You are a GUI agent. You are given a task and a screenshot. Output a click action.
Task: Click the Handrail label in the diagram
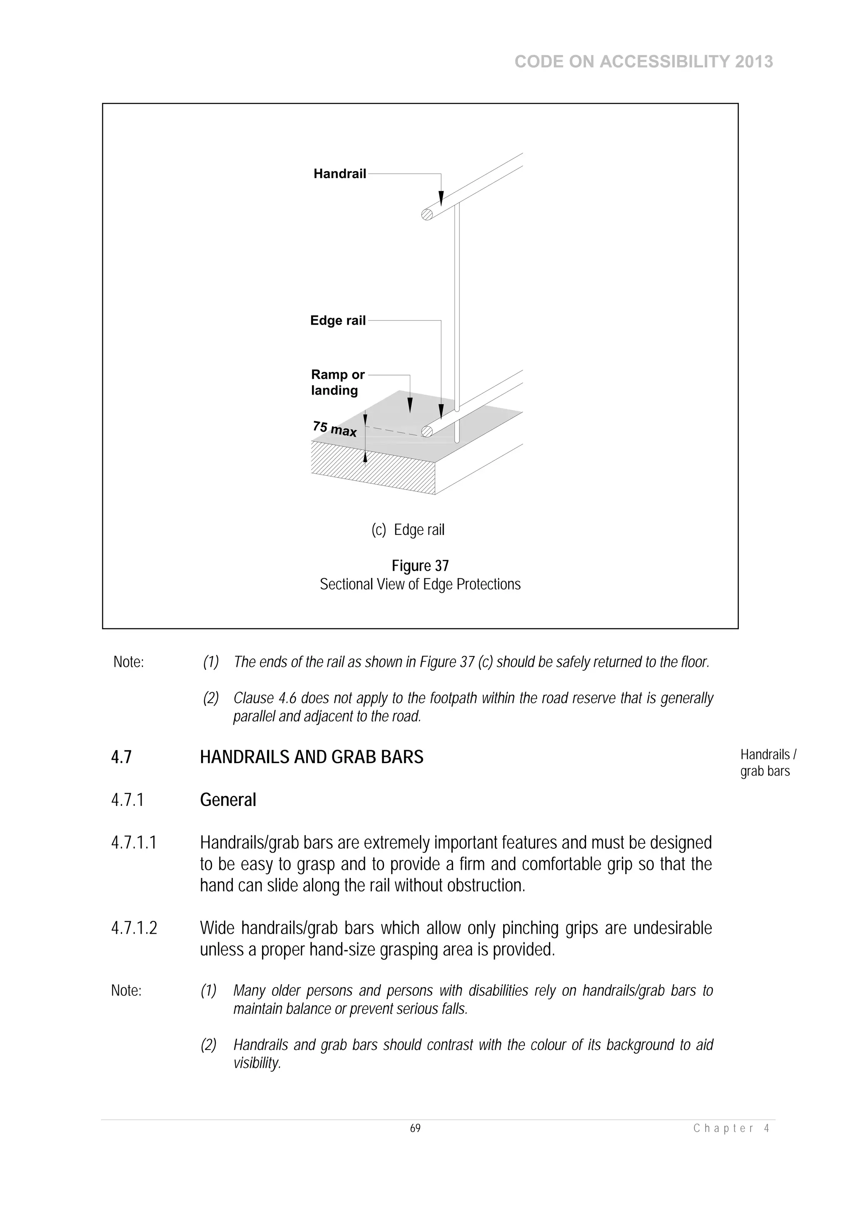point(339,174)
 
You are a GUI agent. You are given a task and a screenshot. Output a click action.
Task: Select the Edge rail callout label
point(337,321)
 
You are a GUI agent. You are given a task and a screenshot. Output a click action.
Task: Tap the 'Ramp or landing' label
point(337,383)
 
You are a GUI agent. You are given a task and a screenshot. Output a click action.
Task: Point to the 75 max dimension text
point(334,429)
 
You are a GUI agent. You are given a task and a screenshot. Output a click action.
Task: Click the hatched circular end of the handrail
point(427,214)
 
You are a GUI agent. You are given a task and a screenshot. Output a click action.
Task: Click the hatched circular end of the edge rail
point(427,432)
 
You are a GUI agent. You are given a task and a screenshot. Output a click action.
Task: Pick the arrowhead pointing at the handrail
point(441,199)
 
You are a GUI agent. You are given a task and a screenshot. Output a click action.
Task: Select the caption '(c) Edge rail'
point(408,530)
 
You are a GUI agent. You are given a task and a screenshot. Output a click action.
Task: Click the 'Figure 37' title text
point(420,566)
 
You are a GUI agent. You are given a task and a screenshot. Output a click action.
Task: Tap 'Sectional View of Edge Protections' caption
point(420,584)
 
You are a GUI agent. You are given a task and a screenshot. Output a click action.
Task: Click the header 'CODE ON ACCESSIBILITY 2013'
point(643,62)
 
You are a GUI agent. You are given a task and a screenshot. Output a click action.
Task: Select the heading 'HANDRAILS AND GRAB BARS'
point(311,757)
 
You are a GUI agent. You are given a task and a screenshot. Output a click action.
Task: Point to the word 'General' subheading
point(228,800)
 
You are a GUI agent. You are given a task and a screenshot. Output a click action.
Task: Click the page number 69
point(415,1128)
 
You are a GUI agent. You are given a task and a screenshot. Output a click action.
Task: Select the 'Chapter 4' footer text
point(731,1128)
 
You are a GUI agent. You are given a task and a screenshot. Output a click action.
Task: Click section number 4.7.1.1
point(134,843)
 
